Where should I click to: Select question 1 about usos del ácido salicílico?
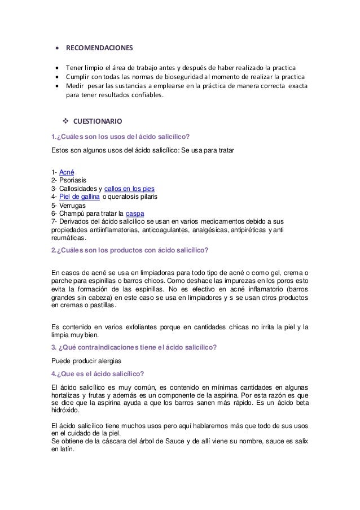pos(120,136)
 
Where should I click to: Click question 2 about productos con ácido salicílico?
pos(130,249)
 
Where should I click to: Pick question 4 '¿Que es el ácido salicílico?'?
pos(98,373)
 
